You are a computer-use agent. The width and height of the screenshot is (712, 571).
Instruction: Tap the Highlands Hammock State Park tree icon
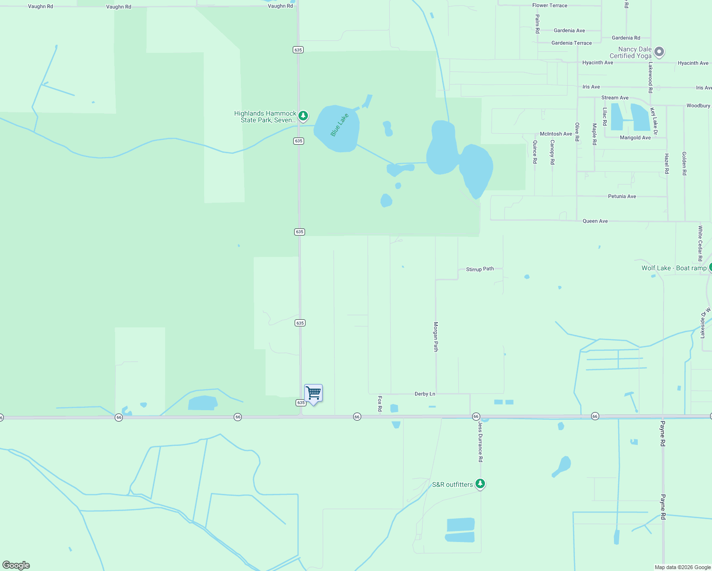303,116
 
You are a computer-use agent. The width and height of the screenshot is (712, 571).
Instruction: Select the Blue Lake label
339,125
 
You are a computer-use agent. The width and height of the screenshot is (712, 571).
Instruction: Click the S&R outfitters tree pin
480,484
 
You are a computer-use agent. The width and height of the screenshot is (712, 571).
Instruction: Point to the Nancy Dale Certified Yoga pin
659,51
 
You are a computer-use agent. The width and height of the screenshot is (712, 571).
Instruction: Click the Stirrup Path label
480,269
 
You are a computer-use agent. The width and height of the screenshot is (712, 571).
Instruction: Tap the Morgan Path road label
435,336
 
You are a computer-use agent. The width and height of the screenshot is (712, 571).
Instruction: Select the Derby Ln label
425,394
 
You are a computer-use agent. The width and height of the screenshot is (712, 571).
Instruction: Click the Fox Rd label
380,404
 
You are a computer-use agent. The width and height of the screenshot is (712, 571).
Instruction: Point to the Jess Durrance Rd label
480,442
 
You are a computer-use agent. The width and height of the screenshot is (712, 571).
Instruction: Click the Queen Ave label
595,221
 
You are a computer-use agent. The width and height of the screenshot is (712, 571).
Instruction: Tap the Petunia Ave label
622,197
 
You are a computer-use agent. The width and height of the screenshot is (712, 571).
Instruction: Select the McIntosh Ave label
555,134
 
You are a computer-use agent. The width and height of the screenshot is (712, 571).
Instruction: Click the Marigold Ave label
635,138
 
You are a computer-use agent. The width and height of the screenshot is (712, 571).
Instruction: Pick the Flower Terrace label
550,6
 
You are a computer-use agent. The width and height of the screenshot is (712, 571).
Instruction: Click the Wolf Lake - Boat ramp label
673,268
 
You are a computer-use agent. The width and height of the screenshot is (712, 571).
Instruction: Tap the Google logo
16,565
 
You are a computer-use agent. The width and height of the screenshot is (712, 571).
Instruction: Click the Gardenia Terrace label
571,43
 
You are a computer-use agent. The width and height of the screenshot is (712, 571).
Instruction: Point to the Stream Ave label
614,98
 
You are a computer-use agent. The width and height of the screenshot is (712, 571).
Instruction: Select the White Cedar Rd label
700,244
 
